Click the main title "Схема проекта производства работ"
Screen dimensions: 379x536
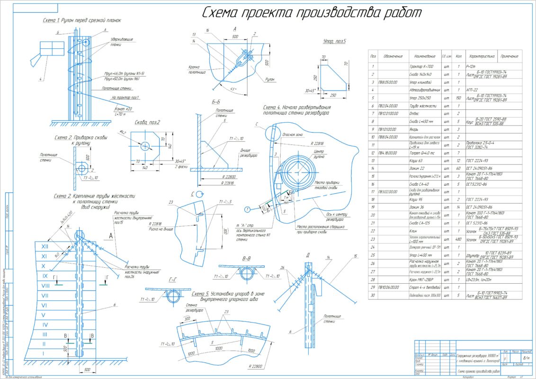click(x=312, y=13)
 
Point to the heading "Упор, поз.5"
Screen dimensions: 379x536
click(x=334, y=42)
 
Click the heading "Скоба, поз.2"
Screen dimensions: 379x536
click(x=147, y=122)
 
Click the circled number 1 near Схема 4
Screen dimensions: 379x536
click(x=247, y=209)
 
